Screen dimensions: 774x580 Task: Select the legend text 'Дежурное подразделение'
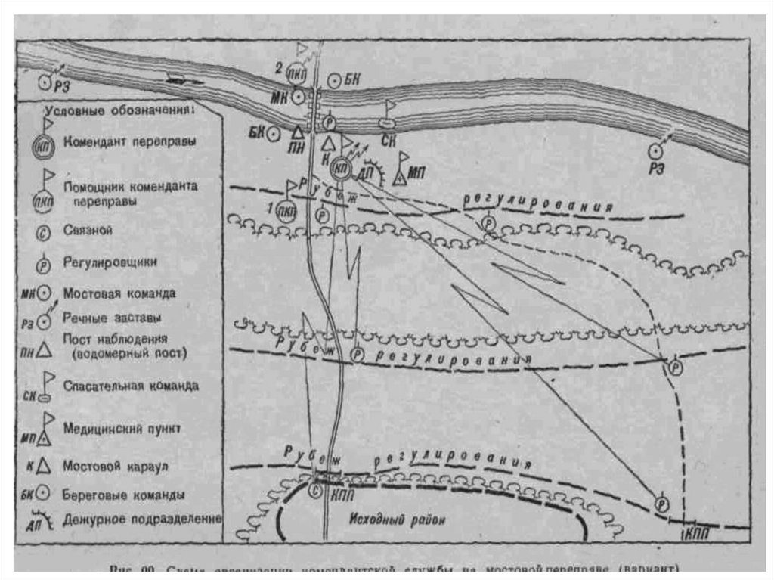point(143,520)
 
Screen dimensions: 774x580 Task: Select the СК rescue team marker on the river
point(386,123)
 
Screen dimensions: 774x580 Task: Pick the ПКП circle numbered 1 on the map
point(286,209)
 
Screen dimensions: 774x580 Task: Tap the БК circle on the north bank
point(334,79)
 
